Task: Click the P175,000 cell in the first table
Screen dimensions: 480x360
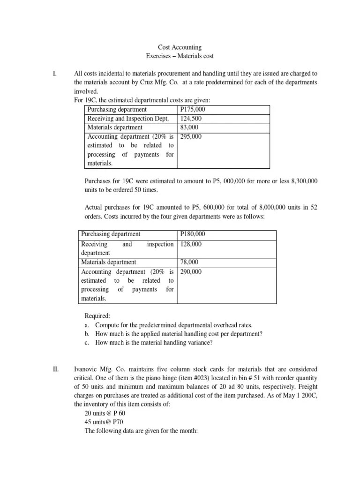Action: point(193,109)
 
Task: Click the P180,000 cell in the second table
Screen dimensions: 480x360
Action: point(193,234)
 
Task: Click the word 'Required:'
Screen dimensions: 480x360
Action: point(97,316)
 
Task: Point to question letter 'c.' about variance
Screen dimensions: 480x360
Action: point(87,343)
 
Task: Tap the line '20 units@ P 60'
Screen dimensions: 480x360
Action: point(105,413)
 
